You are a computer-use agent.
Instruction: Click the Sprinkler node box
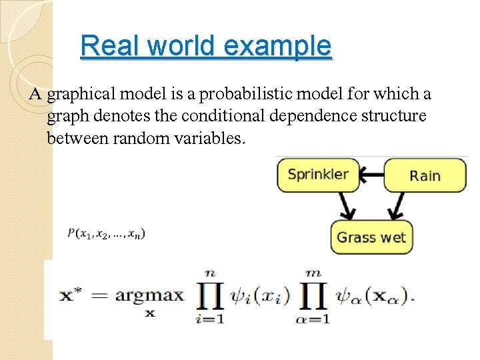pos(318,175)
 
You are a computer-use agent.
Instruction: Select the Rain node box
pos(425,175)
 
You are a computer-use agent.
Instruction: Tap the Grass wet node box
pos(371,237)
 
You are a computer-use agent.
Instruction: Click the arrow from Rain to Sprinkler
pos(373,174)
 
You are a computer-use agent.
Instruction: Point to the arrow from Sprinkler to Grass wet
pos(345,206)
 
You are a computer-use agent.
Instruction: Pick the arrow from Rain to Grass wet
pos(398,206)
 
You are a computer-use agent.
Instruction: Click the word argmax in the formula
pos(149,295)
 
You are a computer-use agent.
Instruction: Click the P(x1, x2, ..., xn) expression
pos(107,233)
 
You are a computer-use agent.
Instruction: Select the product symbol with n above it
pos(211,295)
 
